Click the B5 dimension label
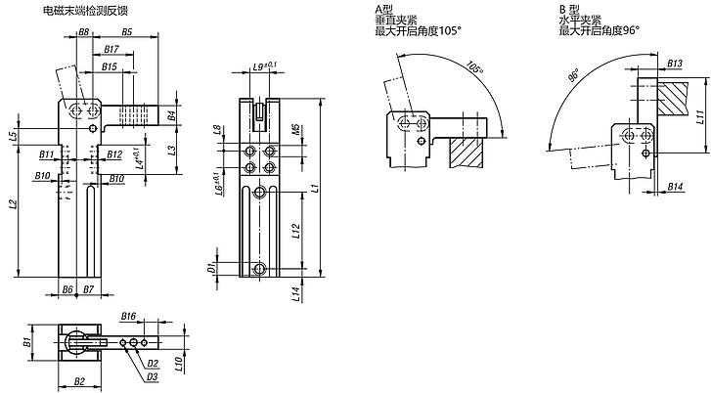coord(126,32)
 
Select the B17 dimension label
coord(111,49)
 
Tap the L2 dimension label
coord(14,205)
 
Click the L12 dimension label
coord(296,231)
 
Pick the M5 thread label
coord(295,130)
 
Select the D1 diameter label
coord(211,268)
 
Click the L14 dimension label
coord(296,294)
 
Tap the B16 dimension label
coord(128,316)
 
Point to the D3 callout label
coord(152,377)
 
